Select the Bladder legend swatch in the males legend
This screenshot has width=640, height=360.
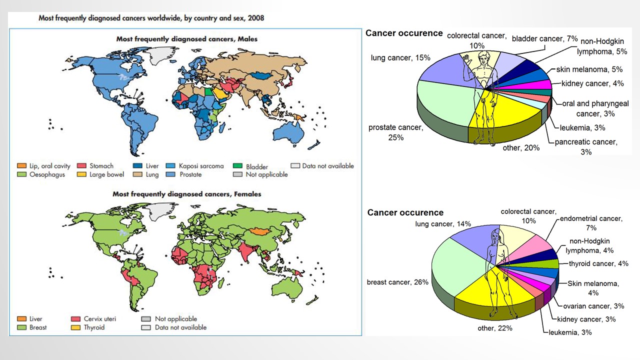point(237,166)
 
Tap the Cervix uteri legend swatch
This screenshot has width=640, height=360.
point(76,318)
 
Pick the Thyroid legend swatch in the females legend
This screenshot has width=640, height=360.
point(76,327)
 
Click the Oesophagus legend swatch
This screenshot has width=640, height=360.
point(21,174)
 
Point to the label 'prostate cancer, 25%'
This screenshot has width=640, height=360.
point(395,132)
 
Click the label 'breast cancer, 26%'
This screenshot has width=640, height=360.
point(397,282)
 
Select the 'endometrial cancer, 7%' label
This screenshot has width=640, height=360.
point(591,223)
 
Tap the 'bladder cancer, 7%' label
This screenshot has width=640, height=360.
point(544,38)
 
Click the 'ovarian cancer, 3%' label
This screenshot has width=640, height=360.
point(593,306)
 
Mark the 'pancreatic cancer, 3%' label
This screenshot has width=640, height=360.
point(586,146)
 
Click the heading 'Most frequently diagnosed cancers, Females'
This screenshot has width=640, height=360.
point(186,194)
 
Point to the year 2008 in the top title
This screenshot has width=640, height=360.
point(255,18)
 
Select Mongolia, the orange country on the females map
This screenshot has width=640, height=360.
point(258,231)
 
